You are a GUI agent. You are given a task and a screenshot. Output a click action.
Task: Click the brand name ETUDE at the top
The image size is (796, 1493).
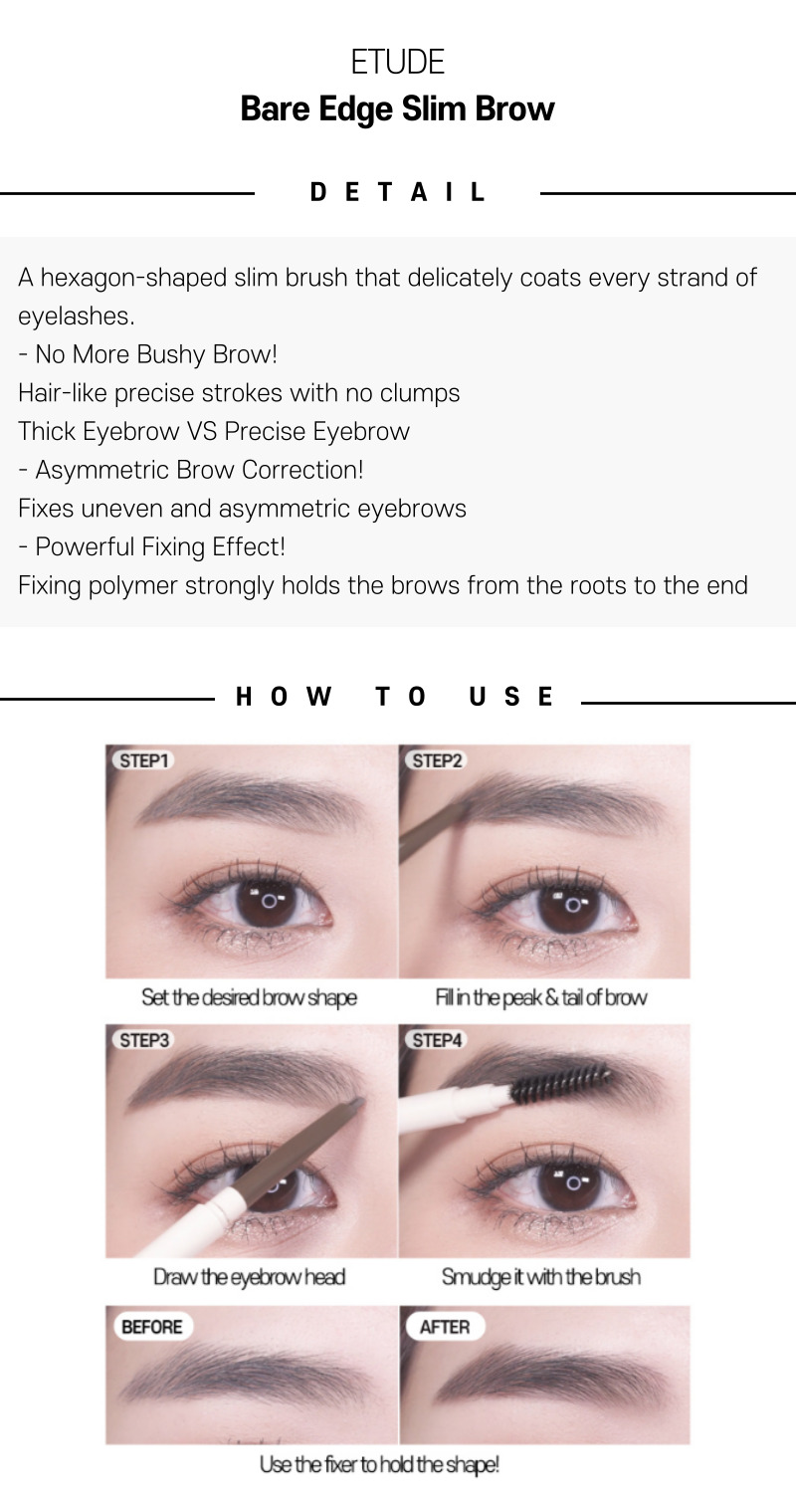coord(398,62)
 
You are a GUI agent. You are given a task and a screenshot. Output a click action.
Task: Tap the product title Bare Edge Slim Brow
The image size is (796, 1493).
coord(398,108)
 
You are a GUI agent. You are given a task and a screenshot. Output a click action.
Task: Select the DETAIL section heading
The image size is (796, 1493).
coord(398,192)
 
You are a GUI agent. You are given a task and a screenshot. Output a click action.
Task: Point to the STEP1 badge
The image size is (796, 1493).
coord(143,760)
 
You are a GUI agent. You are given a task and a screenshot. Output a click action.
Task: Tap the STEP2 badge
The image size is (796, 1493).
coord(436,760)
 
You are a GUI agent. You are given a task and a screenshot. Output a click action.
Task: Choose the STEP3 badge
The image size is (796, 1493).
coord(143,1040)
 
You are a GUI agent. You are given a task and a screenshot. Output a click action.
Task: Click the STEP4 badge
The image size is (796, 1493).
coord(436,1040)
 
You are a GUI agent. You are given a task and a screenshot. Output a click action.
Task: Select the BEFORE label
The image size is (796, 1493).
coord(152,1327)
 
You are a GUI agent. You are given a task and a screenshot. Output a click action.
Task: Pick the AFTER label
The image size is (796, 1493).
coord(445,1327)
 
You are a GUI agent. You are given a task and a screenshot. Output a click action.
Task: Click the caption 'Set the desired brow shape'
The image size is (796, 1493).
coord(249,997)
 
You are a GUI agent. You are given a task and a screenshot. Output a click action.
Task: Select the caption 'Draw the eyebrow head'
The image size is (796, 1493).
coord(249,1276)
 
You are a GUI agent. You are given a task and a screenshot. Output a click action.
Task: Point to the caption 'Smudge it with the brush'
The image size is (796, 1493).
coord(541,1276)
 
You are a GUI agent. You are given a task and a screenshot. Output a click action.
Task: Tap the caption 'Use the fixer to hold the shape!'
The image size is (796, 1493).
coord(379,1464)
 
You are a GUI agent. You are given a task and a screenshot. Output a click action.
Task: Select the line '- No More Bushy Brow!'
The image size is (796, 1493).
coord(147,354)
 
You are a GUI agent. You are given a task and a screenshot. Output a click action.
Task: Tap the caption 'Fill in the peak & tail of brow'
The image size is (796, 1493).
coord(541,997)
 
